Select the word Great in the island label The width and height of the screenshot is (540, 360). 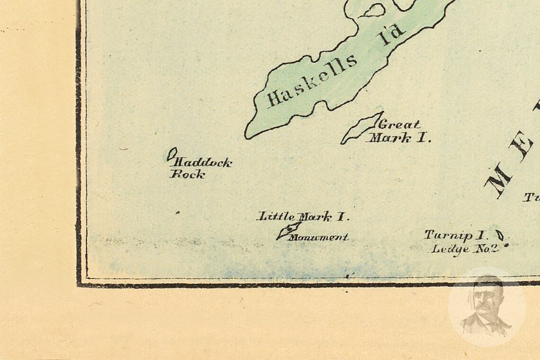coord(398,125)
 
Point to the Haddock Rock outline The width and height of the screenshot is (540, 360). coord(172,154)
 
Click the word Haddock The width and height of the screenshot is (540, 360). coord(203,163)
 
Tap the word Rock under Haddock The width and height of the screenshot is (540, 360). coord(188,174)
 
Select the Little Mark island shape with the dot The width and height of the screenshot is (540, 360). coord(288,231)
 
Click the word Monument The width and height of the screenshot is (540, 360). coord(319,237)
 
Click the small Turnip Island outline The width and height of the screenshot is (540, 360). coord(499,235)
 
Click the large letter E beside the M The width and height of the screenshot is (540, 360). coord(524,148)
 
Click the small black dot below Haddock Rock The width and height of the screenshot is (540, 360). coord(178,213)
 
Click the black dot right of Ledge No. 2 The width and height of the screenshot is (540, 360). coord(506,245)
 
